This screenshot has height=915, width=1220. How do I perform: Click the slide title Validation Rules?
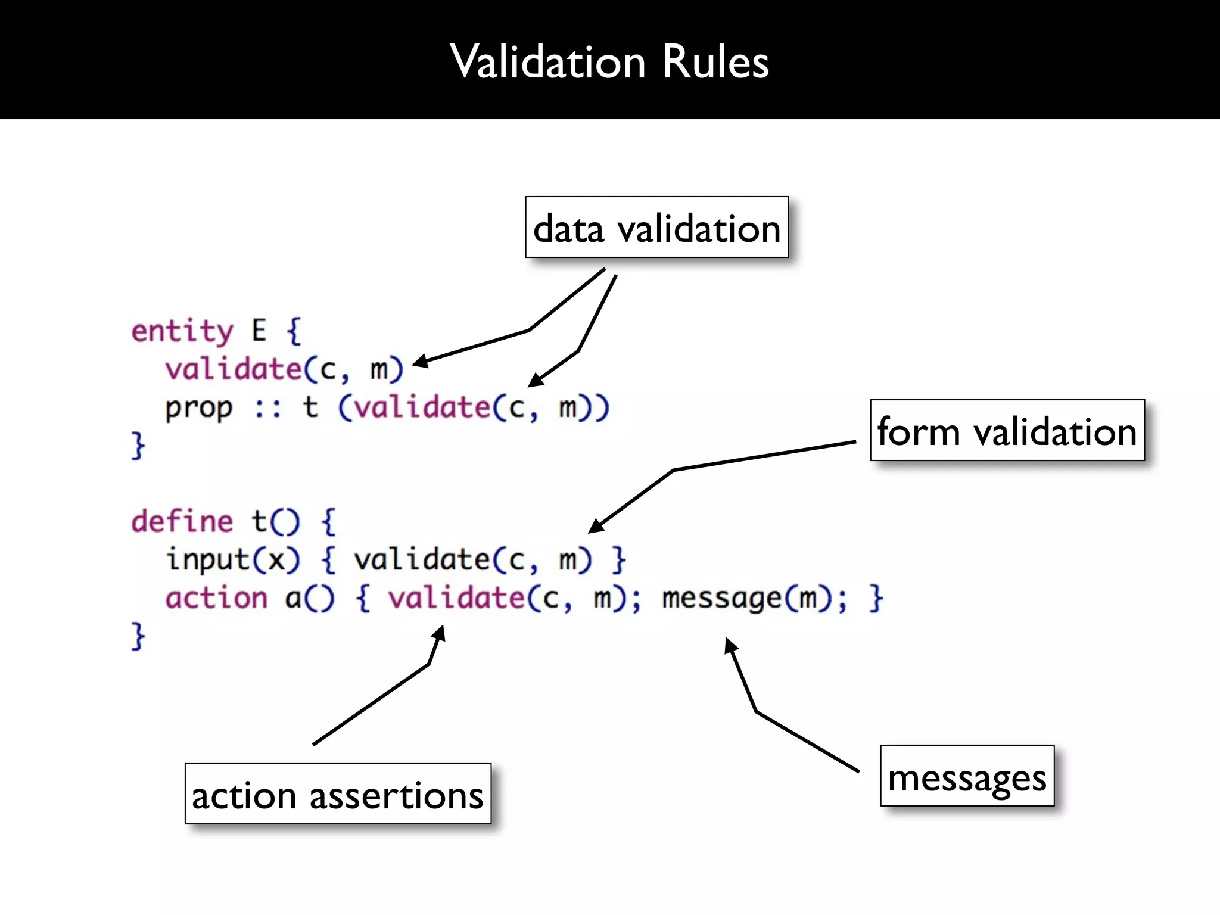[609, 62]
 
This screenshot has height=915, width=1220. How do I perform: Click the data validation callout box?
[656, 228]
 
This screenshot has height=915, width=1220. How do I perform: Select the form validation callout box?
[1007, 431]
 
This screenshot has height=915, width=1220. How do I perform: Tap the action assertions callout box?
[338, 794]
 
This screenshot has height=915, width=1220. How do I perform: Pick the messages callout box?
[967, 776]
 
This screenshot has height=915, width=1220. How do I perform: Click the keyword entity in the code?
[182, 331]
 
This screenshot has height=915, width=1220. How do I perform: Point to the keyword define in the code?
[182, 522]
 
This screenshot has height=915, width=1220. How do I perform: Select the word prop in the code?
[199, 409]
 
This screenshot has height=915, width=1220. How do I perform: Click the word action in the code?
[216, 598]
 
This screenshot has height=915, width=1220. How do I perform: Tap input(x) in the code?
[233, 560]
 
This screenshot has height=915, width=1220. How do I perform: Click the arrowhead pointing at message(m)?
[730, 645]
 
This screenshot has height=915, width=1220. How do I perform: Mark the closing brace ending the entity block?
[138, 446]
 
